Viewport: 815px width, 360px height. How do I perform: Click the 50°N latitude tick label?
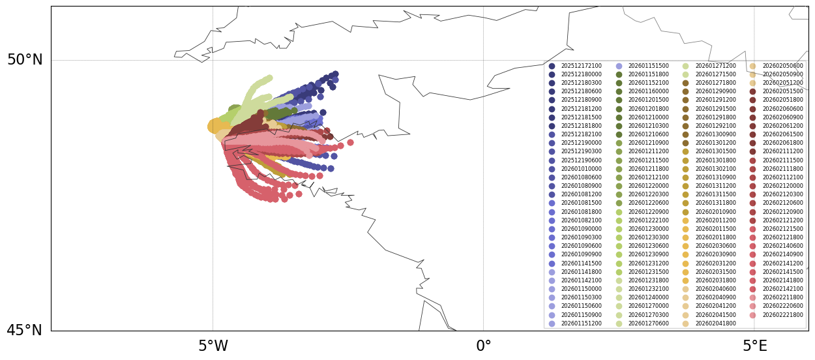[25, 60]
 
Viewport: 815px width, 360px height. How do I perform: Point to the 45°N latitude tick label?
[25, 331]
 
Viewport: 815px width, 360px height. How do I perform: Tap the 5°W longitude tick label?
[213, 346]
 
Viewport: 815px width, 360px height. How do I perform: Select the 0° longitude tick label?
[484, 346]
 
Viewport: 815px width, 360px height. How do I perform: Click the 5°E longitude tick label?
[754, 346]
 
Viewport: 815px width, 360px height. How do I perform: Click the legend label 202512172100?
[582, 66]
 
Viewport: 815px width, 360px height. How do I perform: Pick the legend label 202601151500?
[649, 66]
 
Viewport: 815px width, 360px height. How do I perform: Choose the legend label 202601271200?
[715, 66]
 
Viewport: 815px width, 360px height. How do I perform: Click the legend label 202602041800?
[715, 323]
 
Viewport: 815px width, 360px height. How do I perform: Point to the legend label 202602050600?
[782, 66]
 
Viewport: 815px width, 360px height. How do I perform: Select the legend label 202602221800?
[782, 315]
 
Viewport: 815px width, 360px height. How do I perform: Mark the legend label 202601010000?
[582, 169]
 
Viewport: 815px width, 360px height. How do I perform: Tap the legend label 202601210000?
[649, 117]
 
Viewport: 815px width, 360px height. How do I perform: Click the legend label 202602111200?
[782, 151]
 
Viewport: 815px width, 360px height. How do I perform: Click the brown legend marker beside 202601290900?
[686, 92]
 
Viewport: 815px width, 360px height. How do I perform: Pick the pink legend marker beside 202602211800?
[752, 298]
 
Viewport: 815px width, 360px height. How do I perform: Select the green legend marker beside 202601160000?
[619, 92]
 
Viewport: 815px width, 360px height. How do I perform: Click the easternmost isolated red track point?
[350, 142]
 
